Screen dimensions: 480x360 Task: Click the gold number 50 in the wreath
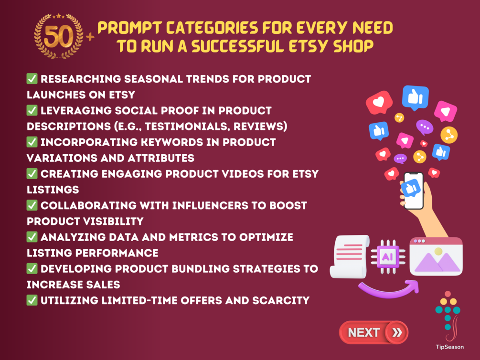click(58, 36)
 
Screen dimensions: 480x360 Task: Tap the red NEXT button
click(373, 332)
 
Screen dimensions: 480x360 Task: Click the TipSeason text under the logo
click(450, 347)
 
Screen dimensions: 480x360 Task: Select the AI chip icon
click(388, 256)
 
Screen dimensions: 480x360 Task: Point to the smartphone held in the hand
click(414, 191)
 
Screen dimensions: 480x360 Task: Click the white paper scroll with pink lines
click(350, 256)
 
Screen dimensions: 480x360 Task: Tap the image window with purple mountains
click(436, 256)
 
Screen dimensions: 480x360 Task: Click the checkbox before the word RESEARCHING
click(32, 79)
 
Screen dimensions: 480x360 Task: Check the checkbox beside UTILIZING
click(32, 300)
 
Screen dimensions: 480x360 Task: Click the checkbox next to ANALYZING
click(32, 237)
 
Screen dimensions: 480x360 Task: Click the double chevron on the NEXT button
click(397, 332)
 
